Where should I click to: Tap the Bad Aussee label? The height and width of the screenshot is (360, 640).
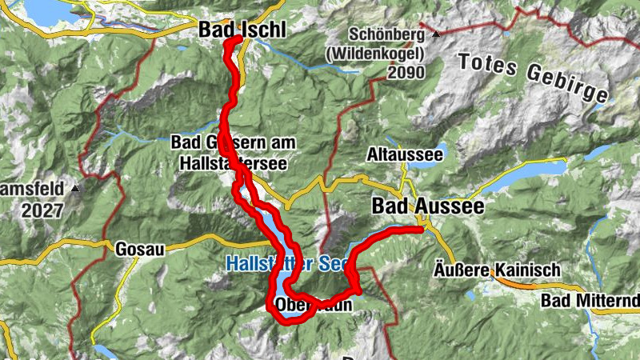click(427, 206)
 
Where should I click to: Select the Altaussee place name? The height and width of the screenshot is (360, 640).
click(403, 152)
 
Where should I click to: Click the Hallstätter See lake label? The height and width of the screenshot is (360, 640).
click(277, 262)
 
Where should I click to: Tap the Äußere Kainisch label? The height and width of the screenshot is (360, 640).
click(497, 270)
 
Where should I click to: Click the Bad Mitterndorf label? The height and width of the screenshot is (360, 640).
click(590, 300)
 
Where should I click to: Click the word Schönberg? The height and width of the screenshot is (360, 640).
click(388, 35)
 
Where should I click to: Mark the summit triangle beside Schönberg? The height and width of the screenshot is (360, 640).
click(435, 35)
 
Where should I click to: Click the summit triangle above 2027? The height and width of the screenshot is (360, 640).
click(74, 189)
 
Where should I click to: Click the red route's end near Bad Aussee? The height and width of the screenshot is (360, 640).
click(419, 230)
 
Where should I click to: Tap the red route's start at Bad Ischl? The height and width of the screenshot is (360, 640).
click(238, 39)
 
